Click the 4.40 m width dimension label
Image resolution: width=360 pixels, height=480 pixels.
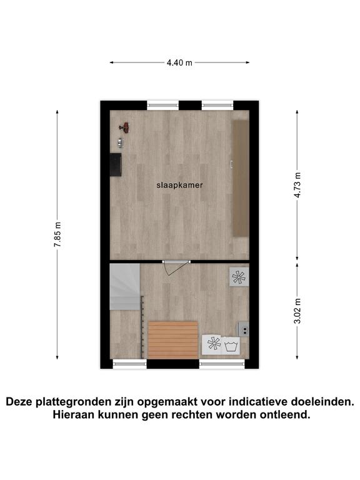tap(179, 62)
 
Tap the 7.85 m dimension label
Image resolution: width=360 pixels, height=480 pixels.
tap(57, 234)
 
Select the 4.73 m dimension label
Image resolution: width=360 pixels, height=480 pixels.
tap(297, 185)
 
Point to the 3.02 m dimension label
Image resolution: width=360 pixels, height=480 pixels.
tap(297, 311)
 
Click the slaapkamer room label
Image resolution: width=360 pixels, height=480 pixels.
tap(180, 185)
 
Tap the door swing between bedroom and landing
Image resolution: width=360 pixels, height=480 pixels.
tap(175, 269)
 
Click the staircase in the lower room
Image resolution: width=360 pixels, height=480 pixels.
tap(125, 286)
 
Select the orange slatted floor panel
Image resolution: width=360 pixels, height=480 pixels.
tap(173, 340)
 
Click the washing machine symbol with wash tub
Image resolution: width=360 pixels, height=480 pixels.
tap(231, 346)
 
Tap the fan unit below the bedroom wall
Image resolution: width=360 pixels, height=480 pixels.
tap(239, 277)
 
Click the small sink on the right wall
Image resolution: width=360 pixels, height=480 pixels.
tap(244, 329)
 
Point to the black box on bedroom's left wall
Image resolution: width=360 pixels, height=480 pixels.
tap(116, 165)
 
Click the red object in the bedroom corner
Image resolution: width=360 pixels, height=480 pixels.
tap(125, 127)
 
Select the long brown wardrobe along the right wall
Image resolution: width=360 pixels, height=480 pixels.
tap(241, 178)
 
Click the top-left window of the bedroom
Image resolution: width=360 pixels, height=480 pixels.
tap(163, 106)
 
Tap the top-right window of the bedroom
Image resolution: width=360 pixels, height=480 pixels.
tap(217, 106)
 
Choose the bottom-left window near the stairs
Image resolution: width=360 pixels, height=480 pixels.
tap(130, 363)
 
